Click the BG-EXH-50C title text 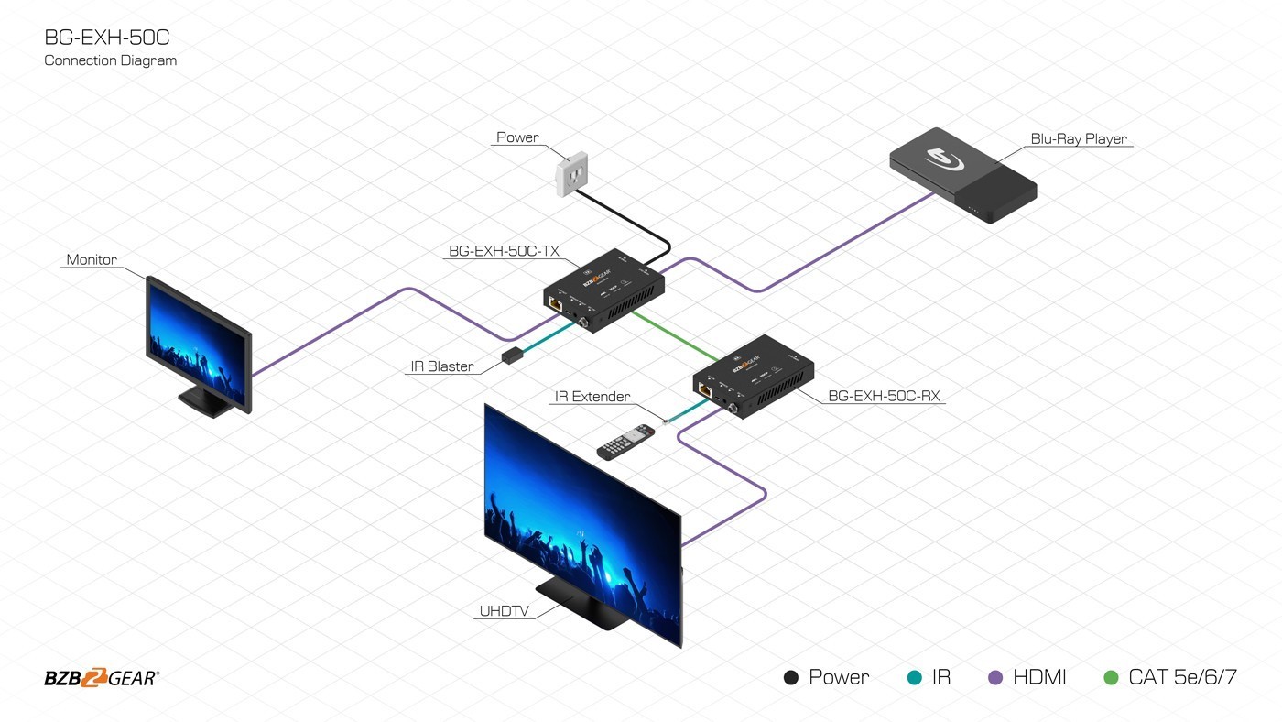click(107, 38)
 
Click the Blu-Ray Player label click(1079, 139)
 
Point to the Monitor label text click(92, 260)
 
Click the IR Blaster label click(441, 366)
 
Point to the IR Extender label click(592, 397)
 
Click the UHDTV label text click(503, 611)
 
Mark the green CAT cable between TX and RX click(674, 335)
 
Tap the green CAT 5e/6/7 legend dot click(1112, 678)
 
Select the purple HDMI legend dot click(996, 678)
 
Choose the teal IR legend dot click(915, 678)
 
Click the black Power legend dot click(791, 678)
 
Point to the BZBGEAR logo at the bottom click(102, 678)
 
